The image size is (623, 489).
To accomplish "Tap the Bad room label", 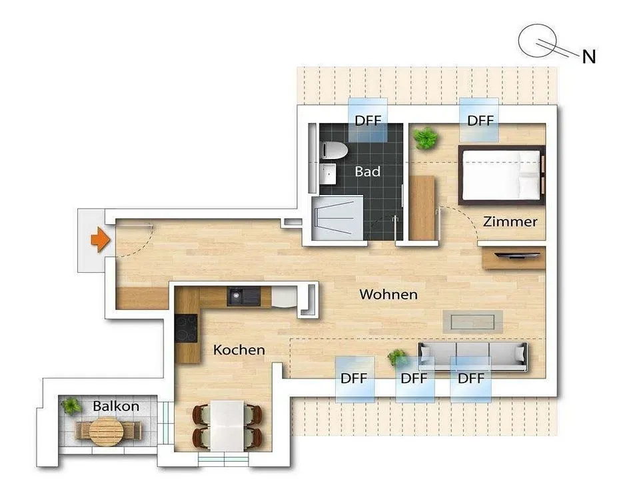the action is point(368,172).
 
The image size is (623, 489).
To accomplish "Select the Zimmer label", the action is point(510,222).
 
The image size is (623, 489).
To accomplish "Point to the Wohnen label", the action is point(388,294).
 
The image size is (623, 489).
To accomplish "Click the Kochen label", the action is point(239,350).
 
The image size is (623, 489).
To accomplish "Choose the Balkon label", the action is point(116,406).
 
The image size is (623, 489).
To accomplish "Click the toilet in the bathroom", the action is point(334,151).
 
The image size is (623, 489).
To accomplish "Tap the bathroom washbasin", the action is point(328,174).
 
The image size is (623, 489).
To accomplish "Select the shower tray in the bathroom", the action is point(337,218).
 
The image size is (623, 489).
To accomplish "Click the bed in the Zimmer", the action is point(502,175).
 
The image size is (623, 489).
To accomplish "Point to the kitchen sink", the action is point(244,296).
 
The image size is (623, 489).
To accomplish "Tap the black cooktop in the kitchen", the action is point(186,329).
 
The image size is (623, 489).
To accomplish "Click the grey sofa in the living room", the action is point(473,357).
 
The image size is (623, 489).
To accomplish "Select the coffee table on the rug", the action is point(473,321).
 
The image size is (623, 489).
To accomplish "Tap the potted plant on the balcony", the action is point(71,406).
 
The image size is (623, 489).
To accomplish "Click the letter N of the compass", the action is point(589,57).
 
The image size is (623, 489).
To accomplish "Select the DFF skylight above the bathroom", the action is point(368,120).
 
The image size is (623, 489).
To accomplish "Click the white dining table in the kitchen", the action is point(227,426).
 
